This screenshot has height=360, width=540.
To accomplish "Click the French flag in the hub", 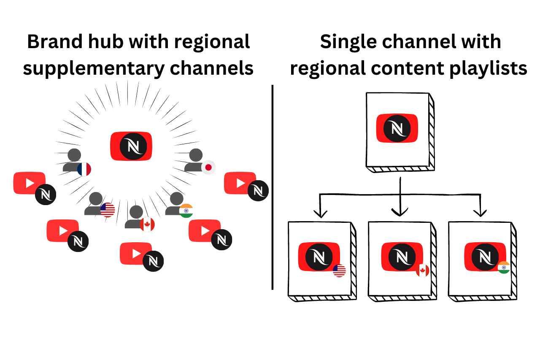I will click(84, 169).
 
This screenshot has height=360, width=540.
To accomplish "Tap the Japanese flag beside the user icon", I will click(208, 168).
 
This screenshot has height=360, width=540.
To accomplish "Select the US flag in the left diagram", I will click(108, 210).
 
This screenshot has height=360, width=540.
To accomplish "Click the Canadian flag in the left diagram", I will click(147, 224).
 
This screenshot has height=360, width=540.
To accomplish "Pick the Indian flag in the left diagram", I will click(186, 211).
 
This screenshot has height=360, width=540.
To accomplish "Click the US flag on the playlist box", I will click(339, 271).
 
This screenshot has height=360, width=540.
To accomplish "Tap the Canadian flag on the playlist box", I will click(422, 271).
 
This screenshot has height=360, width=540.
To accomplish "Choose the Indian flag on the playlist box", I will click(503, 268).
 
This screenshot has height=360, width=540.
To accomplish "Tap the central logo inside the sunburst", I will click(131, 146).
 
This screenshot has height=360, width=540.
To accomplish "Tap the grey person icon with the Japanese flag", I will click(195, 160).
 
